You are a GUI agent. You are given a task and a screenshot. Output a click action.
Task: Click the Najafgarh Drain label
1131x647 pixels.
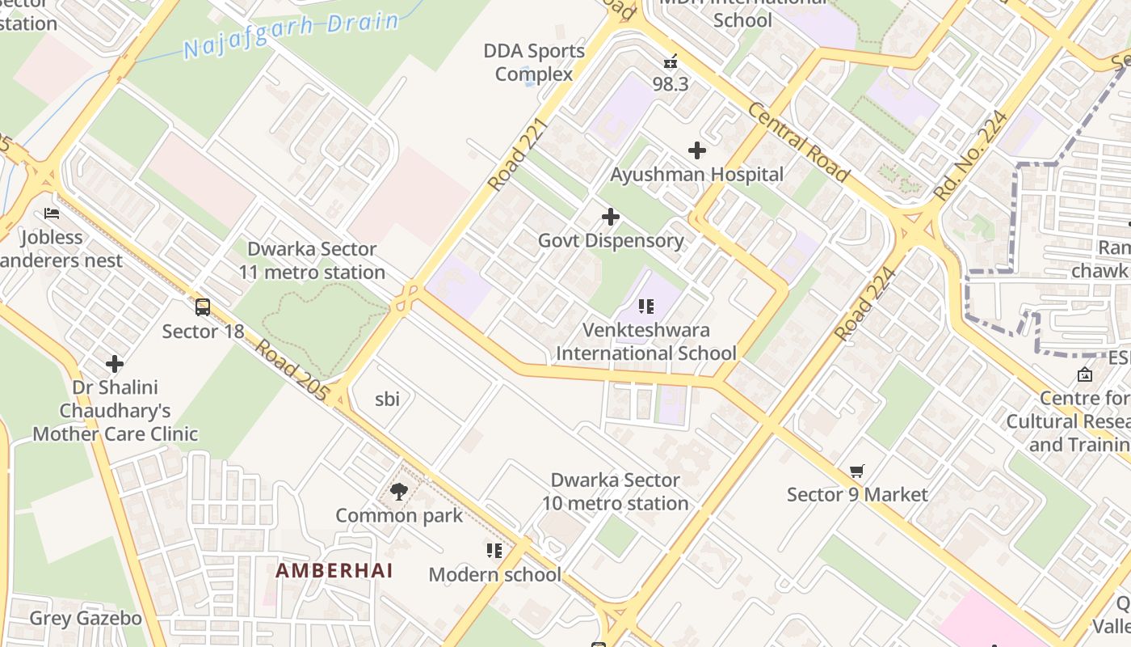point(291,35)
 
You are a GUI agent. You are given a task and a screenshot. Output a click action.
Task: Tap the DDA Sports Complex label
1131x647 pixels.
point(534,62)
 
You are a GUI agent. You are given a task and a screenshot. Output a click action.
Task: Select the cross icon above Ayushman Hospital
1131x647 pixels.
point(696,150)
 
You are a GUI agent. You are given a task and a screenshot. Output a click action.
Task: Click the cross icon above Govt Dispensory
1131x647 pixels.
point(611,217)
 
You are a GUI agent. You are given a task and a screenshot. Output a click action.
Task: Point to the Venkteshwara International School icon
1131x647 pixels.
point(645,307)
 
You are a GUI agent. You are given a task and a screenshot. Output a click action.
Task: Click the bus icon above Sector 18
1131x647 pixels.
point(203,307)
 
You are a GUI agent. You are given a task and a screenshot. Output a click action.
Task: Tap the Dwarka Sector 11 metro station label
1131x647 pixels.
point(312,260)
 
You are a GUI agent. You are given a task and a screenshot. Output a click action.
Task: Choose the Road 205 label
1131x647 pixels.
point(292,370)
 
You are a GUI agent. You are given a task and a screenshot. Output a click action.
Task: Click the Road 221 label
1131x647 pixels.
point(518,154)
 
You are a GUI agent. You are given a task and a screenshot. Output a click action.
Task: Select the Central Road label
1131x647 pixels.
point(798,142)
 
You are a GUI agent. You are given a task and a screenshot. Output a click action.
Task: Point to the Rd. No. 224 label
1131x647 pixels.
point(969,155)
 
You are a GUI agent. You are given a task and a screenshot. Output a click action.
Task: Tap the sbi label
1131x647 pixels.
point(388,399)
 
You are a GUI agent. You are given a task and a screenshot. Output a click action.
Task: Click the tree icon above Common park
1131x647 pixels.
point(398,491)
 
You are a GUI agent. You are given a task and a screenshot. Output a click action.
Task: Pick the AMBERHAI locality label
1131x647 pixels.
point(334,570)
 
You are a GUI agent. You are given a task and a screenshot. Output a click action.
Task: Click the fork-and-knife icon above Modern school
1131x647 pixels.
point(494,551)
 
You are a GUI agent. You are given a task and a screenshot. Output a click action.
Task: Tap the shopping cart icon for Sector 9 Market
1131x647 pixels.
point(857,471)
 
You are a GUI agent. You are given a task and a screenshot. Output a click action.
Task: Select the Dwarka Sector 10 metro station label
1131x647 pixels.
point(615,492)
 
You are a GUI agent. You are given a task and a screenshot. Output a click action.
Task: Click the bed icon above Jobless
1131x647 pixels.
point(52,214)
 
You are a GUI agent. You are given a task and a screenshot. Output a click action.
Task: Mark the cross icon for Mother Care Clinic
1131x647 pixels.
point(115,364)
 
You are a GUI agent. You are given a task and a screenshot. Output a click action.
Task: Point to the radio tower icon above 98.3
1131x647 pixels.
point(670,61)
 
